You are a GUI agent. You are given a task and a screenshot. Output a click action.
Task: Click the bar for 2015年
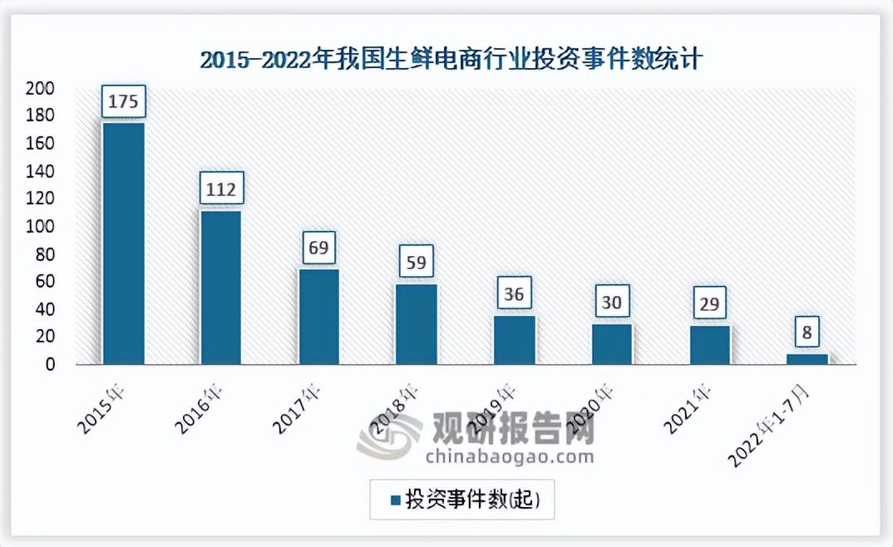coord(123,244)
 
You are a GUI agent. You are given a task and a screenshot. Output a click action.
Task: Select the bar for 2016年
coord(221,287)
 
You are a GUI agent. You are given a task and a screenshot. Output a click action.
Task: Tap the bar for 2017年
coord(319,317)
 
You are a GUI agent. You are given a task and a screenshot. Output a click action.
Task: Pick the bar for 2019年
coord(515,340)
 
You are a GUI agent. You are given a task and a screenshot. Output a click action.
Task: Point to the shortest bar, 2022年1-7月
coord(807,359)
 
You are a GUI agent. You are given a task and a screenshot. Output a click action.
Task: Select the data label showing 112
coord(221,190)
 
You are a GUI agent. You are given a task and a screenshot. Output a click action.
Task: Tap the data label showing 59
coord(417,263)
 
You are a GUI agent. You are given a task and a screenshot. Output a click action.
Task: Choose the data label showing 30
coord(612,303)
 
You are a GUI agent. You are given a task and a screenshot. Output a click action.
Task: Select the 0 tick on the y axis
coord(51,364)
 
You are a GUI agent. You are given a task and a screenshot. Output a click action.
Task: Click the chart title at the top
coord(452,61)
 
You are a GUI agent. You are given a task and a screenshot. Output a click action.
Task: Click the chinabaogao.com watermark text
coord(509,456)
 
